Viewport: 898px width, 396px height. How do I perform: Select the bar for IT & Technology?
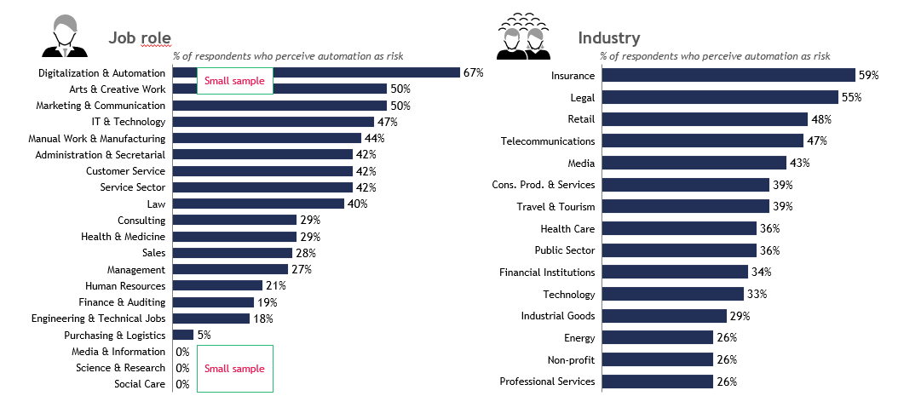[x=273, y=122]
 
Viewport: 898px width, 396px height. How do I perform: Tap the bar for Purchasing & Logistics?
[x=183, y=335]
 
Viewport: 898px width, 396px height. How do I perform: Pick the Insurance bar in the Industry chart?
[x=728, y=75]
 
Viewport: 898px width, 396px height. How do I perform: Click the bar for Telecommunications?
[x=703, y=141]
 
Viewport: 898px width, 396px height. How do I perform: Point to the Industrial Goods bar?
[x=665, y=316]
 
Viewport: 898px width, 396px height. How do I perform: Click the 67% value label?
[x=473, y=73]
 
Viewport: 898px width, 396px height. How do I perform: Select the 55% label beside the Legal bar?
[x=852, y=98]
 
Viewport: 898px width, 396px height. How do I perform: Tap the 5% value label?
[x=204, y=336]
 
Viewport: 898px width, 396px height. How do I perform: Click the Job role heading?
[x=140, y=37]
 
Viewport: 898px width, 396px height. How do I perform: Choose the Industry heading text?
[x=608, y=37]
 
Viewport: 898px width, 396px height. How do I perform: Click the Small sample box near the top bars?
[x=235, y=82]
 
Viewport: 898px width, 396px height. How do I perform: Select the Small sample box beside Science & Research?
[x=234, y=369]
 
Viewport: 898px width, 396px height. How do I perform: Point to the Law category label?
[x=156, y=204]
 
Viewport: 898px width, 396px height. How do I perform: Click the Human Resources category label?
[x=125, y=286]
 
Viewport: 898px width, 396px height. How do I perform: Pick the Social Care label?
[x=140, y=384]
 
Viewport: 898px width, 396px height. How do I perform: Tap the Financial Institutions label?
[x=547, y=273]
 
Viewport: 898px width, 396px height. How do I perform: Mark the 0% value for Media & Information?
[x=181, y=352]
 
